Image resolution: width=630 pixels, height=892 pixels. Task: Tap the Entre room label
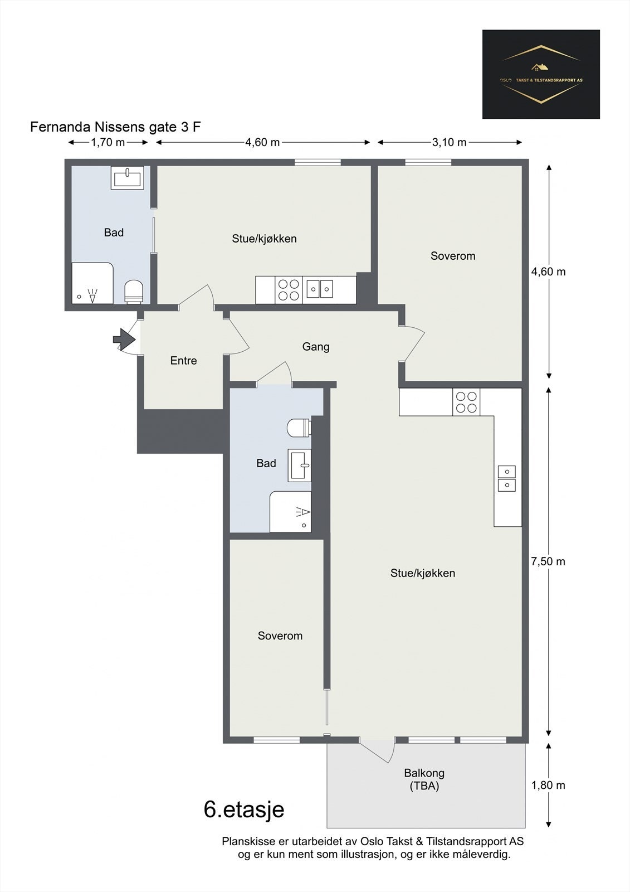tap(183, 361)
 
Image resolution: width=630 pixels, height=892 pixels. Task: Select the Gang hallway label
tap(316, 347)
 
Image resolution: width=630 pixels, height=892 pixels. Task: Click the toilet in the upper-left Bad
tap(134, 292)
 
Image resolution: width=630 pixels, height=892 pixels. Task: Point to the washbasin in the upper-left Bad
tap(128, 178)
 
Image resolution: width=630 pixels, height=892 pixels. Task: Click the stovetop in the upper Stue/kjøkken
tap(289, 290)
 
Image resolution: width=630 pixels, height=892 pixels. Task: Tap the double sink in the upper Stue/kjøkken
tap(320, 289)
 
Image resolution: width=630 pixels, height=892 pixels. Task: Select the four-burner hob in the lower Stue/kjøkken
tap(466, 402)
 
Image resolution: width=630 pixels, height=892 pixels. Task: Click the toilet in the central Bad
tap(299, 428)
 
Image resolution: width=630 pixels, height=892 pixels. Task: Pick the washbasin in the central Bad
tap(299, 465)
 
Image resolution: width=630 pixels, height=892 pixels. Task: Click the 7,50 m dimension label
tap(548, 561)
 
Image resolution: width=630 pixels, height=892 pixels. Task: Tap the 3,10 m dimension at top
tap(450, 142)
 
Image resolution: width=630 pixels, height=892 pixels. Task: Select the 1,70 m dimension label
tap(108, 142)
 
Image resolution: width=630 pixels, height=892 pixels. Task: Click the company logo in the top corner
tap(541, 74)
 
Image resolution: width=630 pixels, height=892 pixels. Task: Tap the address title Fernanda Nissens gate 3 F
tap(115, 127)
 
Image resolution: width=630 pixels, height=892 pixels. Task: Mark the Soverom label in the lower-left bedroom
tap(280, 636)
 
